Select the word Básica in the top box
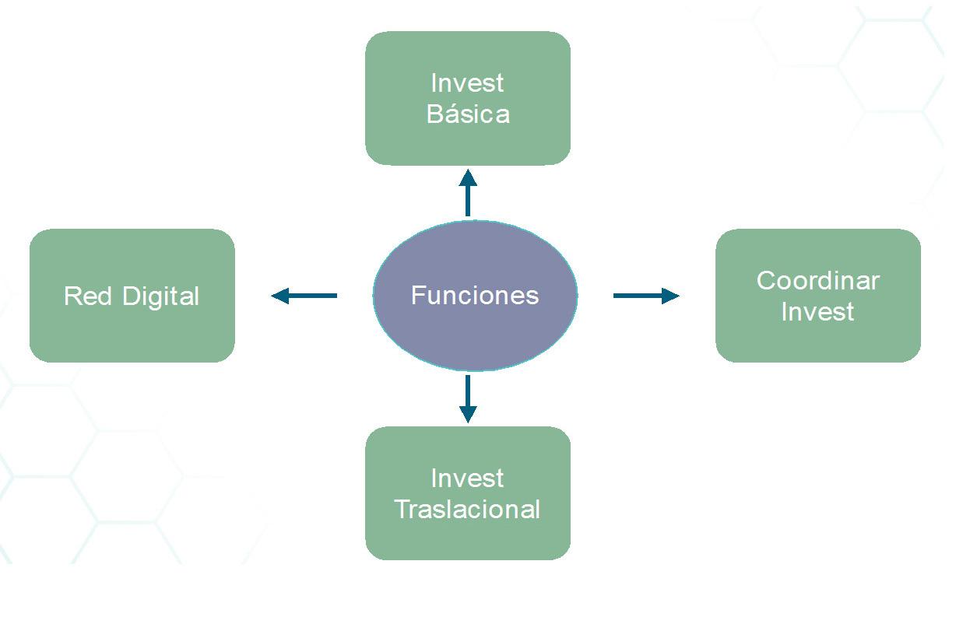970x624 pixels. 468,114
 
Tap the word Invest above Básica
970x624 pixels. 467,82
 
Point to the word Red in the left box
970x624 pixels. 83,296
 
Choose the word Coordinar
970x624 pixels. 817,280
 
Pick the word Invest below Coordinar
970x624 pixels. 817,311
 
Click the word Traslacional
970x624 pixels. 467,510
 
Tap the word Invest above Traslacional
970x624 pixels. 467,478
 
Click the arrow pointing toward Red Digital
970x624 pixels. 304,296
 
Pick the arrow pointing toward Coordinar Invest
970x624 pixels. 645,296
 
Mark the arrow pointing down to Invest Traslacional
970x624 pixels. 468,398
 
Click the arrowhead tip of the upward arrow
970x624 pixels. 468,176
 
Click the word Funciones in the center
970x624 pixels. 475,296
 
